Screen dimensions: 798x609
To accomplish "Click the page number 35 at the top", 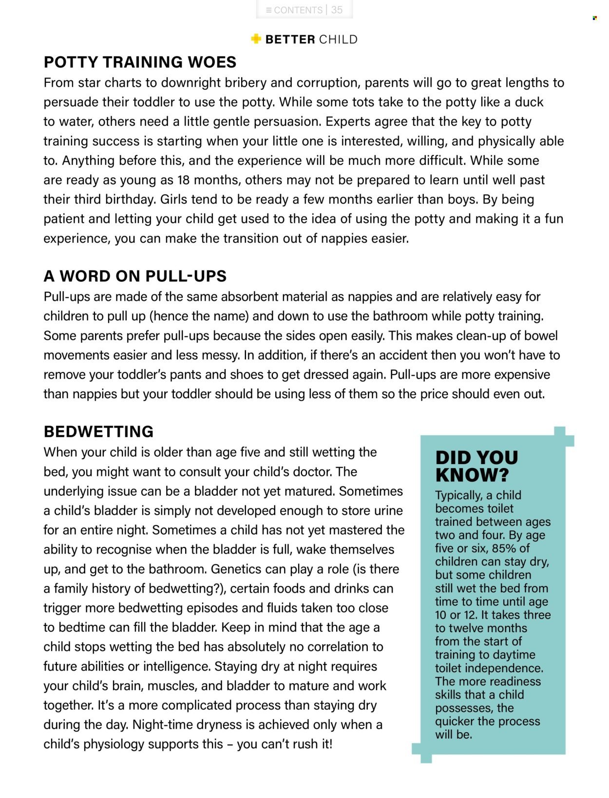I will [x=337, y=10].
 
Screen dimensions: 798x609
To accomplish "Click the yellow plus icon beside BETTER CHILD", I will [x=256, y=39].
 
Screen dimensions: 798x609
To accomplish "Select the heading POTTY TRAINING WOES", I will [x=140, y=62].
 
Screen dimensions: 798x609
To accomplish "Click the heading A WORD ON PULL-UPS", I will [x=135, y=276].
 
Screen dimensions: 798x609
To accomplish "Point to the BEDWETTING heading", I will [x=98, y=431].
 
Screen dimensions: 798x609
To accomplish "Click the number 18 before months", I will [x=183, y=180].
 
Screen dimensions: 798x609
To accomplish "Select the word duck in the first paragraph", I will [x=529, y=102].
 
